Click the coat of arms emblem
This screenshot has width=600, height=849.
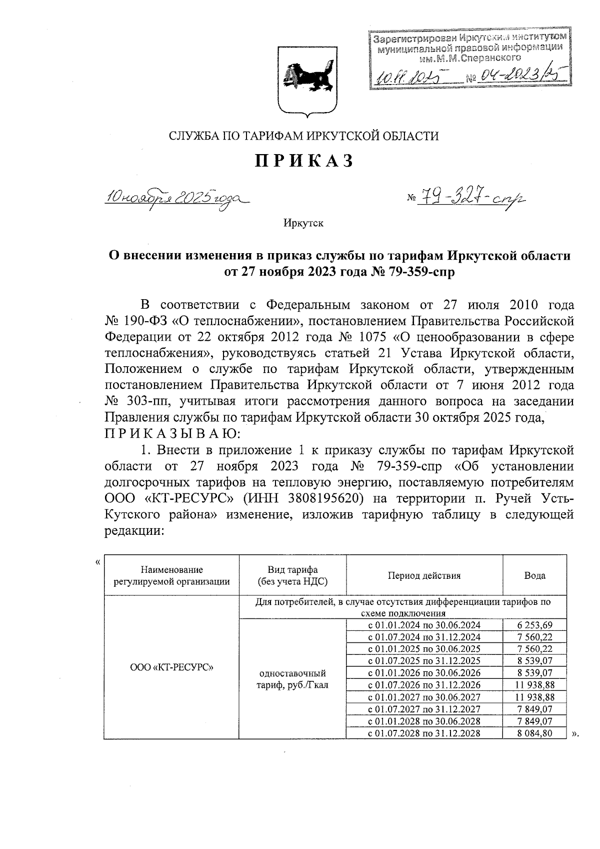(304, 80)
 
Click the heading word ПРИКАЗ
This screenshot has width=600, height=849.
(304, 161)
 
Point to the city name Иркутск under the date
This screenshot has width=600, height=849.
(303, 223)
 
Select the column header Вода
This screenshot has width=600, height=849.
(534, 575)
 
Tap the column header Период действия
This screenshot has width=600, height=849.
(424, 575)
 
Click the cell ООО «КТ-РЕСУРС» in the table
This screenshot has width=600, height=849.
(171, 667)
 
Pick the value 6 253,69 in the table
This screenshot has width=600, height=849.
(534, 624)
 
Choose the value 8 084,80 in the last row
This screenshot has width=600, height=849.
(534, 733)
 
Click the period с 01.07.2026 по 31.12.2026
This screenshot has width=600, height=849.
(424, 685)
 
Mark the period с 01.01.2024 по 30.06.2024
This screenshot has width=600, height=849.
(424, 624)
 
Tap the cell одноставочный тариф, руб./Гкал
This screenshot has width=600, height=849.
(292, 679)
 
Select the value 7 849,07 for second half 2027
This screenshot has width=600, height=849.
(534, 709)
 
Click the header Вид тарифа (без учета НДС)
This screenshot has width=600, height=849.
(292, 575)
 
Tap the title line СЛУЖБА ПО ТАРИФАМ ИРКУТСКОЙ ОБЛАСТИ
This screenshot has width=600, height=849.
(303, 136)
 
